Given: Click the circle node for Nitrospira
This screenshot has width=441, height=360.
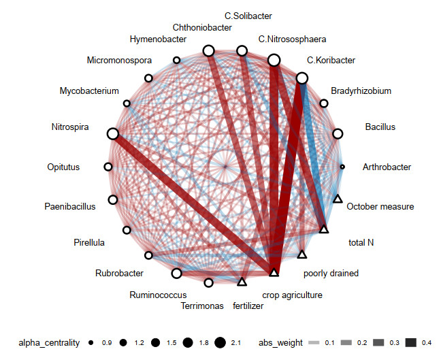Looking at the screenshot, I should point(113,135).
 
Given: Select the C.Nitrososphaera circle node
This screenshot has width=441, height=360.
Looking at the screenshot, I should point(274,61).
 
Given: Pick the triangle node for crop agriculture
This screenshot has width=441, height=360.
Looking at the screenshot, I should point(274,273).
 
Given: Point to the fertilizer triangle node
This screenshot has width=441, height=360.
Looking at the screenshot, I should point(242,281).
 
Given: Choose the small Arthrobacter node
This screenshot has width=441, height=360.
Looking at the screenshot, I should point(342,166).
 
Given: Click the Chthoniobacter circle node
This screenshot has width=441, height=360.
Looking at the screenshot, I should point(209,51).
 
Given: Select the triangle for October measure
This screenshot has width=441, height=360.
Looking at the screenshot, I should point(338,199).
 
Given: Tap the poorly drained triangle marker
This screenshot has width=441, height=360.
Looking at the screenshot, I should point(303,255).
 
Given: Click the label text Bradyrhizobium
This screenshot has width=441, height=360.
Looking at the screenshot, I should point(361,91).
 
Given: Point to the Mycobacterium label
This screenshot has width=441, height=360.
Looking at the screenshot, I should point(89,91).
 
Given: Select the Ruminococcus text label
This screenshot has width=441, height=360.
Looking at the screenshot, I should point(158,295).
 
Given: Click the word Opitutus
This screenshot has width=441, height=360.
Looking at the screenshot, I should point(63,167).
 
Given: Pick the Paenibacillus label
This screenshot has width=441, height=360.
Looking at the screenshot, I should point(70,206).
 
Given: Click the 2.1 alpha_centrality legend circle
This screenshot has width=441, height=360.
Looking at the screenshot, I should point(220,342).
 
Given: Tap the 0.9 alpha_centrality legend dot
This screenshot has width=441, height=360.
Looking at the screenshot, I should point(91,342).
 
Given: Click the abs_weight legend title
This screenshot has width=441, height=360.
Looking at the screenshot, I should point(280,342).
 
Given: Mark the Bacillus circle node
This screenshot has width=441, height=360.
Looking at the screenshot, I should point(337,134).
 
